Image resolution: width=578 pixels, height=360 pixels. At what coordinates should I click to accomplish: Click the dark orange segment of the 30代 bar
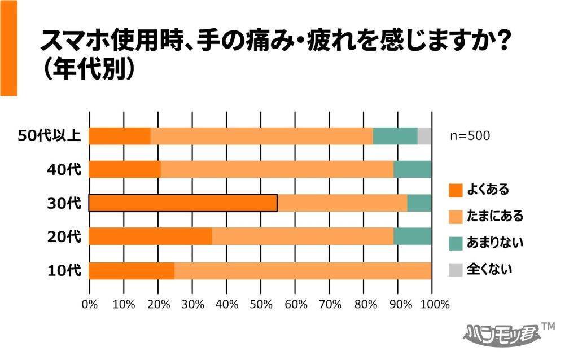coord(183,203)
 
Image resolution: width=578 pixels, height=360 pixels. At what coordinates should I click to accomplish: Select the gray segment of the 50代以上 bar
coord(424,136)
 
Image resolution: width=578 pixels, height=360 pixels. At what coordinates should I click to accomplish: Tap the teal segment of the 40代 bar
coord(412,169)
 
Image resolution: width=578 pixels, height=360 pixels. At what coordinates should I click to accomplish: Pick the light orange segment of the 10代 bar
coord(303,271)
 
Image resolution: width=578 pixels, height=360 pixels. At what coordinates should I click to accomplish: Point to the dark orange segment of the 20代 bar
coord(150,237)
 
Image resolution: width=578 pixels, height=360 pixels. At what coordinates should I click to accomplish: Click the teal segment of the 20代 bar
coord(412,237)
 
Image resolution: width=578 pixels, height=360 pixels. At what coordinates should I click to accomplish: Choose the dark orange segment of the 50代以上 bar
coord(120,136)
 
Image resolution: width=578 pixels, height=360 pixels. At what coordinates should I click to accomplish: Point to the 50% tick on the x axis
coord(261,305)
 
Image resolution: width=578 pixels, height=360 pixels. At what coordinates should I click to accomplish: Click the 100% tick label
coord(435,305)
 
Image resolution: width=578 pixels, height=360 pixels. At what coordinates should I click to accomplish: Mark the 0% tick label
coord(90,305)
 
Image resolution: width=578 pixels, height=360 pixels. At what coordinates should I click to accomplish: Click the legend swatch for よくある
coord(456,190)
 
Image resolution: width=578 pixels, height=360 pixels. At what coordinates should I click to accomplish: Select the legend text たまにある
coord(495,217)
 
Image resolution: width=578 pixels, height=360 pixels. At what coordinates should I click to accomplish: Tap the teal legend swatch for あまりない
coord(456,243)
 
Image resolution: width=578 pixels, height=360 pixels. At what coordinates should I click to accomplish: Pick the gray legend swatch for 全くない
coord(456,270)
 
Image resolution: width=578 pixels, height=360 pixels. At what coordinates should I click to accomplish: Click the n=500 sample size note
coord(470,136)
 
